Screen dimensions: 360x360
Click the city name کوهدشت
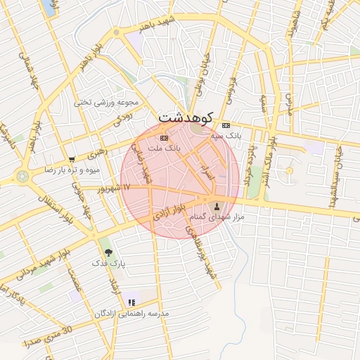click(x=188, y=116)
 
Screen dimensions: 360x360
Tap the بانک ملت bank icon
click(x=165, y=138)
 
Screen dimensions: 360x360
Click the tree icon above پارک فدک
click(x=108, y=252)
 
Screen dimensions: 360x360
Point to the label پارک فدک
click(x=108, y=263)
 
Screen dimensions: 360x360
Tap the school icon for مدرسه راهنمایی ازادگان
click(x=131, y=303)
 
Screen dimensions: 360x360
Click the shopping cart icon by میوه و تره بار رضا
click(x=72, y=160)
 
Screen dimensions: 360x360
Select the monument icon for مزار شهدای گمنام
click(x=216, y=207)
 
